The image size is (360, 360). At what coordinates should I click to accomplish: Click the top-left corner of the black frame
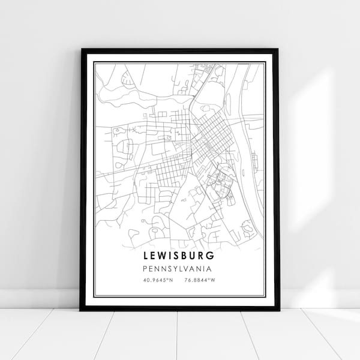pos(81,50)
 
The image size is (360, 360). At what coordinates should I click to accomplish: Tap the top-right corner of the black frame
pos(278,50)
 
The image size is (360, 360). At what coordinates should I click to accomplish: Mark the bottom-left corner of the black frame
pos(81,310)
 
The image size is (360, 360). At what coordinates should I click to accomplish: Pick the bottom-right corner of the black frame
pos(278,310)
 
